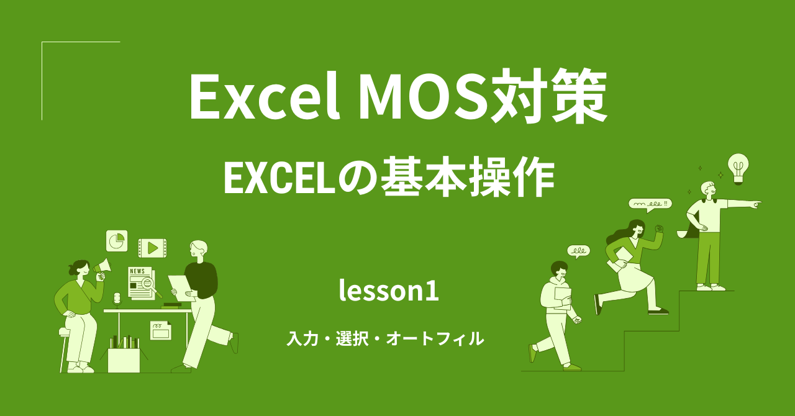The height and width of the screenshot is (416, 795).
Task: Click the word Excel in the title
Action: [x=265, y=98]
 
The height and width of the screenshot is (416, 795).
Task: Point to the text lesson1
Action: [x=389, y=290]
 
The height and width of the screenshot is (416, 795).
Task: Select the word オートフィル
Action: [x=434, y=339]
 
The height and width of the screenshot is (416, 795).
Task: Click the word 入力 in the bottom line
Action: [x=302, y=339]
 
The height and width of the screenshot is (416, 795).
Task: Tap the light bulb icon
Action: [x=738, y=168]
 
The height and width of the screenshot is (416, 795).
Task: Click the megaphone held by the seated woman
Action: [x=102, y=268]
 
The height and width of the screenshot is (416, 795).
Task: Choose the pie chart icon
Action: [x=116, y=240]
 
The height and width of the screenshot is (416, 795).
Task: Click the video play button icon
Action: [x=152, y=248]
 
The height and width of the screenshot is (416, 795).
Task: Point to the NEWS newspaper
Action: [x=140, y=283]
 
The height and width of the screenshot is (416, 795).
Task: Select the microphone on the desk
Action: [x=117, y=299]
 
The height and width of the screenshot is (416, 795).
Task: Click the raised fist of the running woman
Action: [x=659, y=228]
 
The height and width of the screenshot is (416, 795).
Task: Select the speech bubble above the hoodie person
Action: [x=578, y=251]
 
